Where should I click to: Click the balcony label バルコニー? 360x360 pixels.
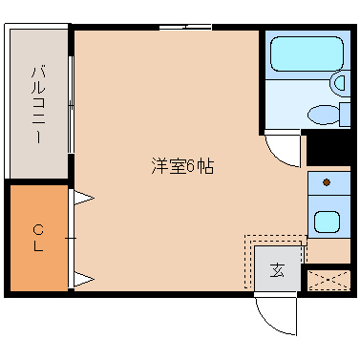click(39, 104)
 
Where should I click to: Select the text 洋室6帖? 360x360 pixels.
click(181, 165)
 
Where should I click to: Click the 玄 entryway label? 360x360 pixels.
click(277, 269)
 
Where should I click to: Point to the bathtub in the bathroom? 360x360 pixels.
click(305, 56)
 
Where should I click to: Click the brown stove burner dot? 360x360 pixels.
click(327, 181)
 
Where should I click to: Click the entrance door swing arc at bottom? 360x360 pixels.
click(275, 317)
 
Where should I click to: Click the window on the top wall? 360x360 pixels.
click(185, 29)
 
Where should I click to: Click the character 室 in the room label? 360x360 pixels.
click(178, 165)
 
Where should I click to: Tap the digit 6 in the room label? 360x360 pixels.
click(194, 165)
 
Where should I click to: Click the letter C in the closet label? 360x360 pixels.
click(39, 228)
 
